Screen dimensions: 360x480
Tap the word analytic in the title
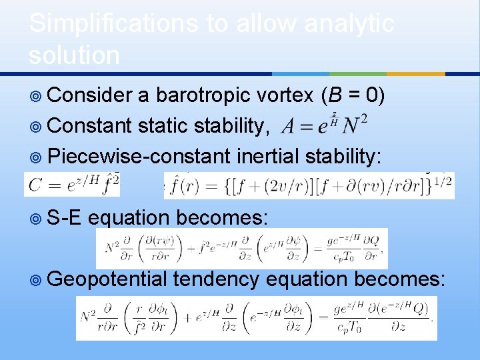[349, 24]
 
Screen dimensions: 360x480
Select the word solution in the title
[74, 55]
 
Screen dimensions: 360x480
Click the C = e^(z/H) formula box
[72, 185]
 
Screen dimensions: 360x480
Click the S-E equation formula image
[241, 249]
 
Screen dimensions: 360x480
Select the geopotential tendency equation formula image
[256, 318]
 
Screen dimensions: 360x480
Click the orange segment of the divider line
[416, 73]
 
